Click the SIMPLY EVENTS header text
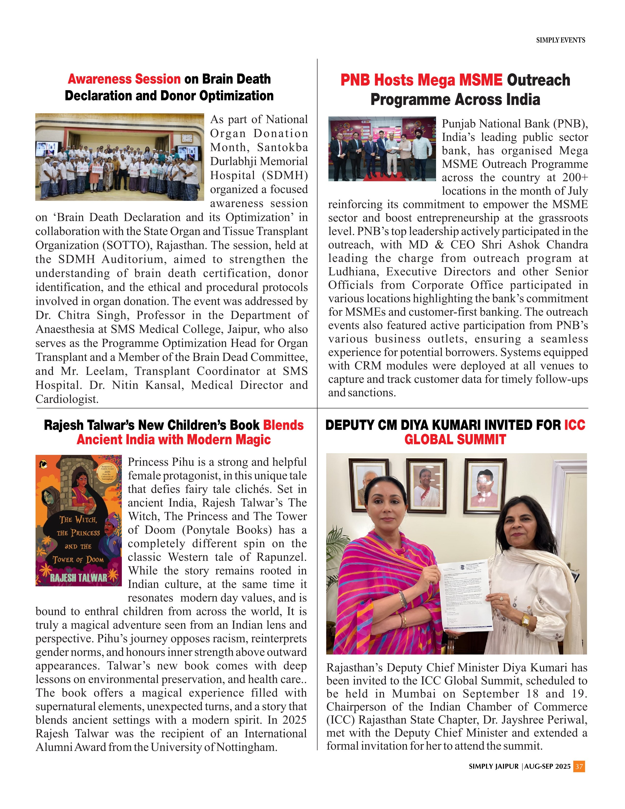(560, 40)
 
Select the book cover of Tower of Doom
(78, 520)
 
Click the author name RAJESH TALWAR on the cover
(78, 578)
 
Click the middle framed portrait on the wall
(426, 484)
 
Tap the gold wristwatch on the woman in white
(525, 619)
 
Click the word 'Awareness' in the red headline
(124, 79)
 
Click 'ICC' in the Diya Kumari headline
(575, 425)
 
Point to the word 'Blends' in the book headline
(283, 425)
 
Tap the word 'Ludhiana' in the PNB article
(353, 271)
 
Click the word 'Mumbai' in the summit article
(413, 693)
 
